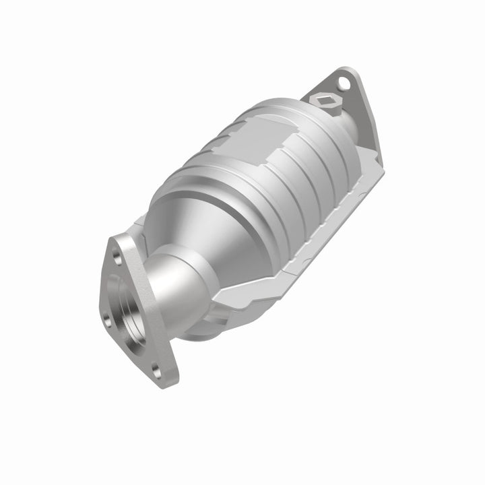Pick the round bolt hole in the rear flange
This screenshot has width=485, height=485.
click(346, 84)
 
